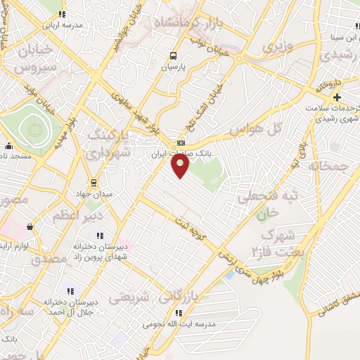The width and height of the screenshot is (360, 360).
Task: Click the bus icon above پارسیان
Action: click(x=173, y=57)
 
